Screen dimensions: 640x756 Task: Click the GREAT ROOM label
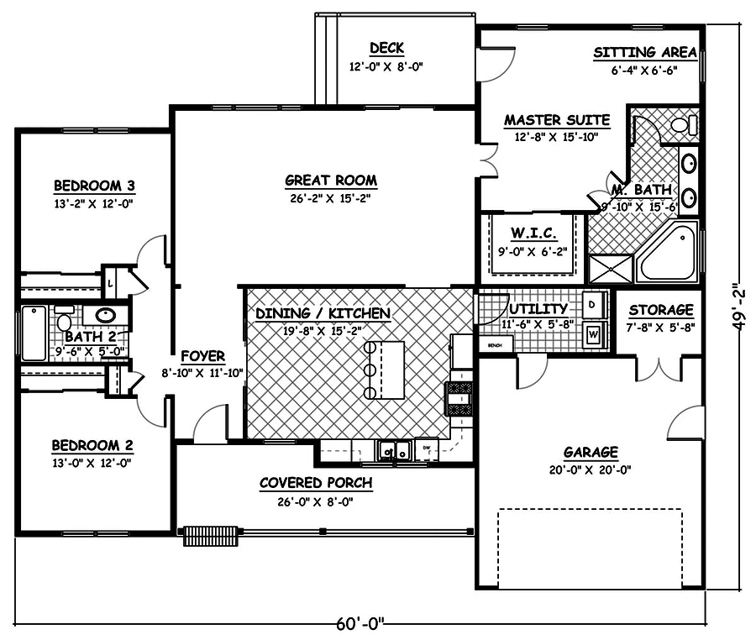point(331,180)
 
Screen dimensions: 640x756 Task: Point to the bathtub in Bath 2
point(34,333)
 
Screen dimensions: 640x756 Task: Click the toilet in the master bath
point(682,125)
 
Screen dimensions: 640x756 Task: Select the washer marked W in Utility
point(593,334)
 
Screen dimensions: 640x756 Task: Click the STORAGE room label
point(661,310)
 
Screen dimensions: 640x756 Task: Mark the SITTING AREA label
point(645,52)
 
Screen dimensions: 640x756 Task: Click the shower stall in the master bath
point(611,269)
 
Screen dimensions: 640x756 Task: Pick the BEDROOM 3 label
point(95,186)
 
